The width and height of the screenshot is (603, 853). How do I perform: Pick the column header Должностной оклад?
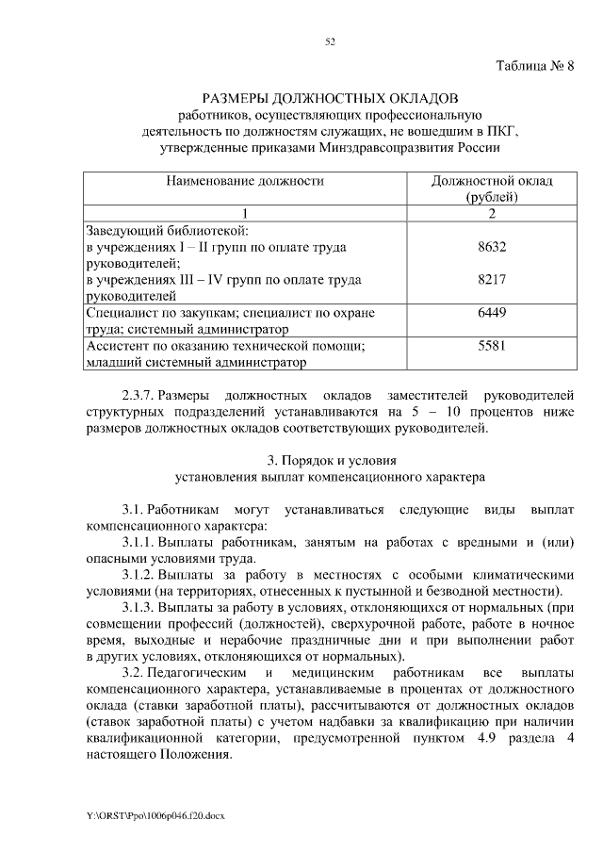click(x=492, y=180)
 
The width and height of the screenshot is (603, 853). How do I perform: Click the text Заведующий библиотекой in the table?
click(x=167, y=230)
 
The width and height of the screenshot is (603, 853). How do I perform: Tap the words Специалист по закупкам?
click(x=155, y=313)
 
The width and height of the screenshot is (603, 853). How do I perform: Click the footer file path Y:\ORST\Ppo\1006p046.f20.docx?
click(x=156, y=813)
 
